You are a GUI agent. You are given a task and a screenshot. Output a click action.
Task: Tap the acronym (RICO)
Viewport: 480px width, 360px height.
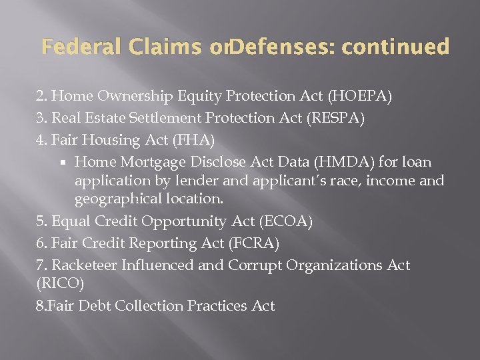pos(61,283)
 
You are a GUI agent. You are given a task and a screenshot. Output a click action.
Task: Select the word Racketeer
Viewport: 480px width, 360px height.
pos(84,265)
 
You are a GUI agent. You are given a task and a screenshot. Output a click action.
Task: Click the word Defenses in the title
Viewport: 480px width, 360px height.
pos(279,47)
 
